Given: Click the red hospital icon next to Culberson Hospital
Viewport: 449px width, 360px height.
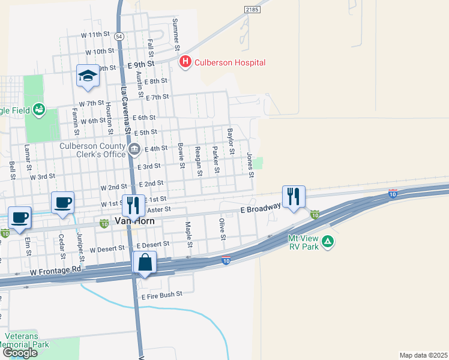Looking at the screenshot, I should pyautogui.click(x=185, y=62).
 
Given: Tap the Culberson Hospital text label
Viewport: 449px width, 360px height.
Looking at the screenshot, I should pyautogui.click(x=229, y=62).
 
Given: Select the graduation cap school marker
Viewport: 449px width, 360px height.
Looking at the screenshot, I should pyautogui.click(x=88, y=76).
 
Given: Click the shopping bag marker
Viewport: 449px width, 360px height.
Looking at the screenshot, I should pyautogui.click(x=145, y=263).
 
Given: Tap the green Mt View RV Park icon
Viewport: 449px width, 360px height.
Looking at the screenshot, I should pyautogui.click(x=328, y=242).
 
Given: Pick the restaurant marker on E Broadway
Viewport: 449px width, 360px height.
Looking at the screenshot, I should pyautogui.click(x=294, y=197).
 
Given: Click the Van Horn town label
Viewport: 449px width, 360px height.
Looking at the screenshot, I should pyautogui.click(x=135, y=221).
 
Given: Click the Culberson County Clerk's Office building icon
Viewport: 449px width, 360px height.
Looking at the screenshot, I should pyautogui.click(x=133, y=148).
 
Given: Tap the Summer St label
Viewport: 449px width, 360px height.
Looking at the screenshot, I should pyautogui.click(x=175, y=34).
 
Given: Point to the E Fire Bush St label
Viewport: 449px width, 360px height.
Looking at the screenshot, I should pyautogui.click(x=161, y=295).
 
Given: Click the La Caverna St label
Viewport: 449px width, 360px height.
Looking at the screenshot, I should pyautogui.click(x=126, y=112).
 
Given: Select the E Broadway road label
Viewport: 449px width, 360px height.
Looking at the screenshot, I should pyautogui.click(x=261, y=208).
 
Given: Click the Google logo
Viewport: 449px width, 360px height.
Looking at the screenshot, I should pyautogui.click(x=20, y=352).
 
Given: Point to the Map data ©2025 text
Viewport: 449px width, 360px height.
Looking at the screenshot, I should pyautogui.click(x=424, y=355).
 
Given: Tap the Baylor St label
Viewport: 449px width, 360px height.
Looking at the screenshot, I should pyautogui.click(x=229, y=141).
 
